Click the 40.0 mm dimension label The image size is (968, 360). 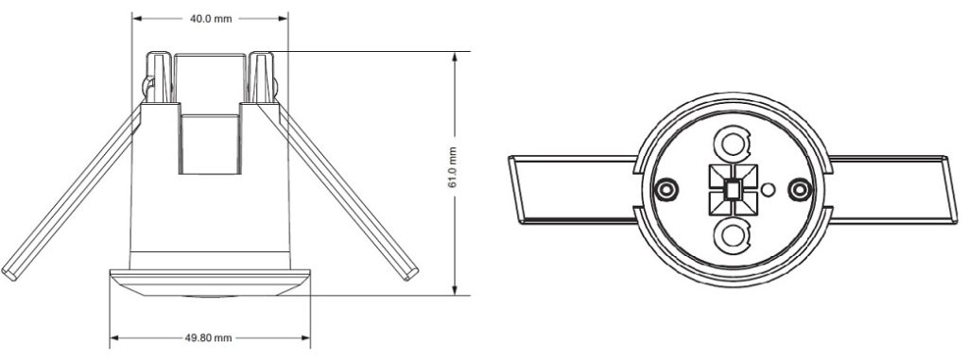pos(211,19)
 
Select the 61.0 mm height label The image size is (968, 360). pos(453,167)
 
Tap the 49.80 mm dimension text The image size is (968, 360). pos(209,337)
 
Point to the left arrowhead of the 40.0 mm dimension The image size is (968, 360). pos(136,19)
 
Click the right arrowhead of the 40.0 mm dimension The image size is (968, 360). pos(284,19)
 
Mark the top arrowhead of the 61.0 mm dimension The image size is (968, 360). pos(455,57)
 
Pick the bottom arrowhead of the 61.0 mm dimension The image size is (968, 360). pos(455,289)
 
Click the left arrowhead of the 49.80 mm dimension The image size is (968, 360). pos(114,337)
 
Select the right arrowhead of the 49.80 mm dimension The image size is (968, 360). pos(305,337)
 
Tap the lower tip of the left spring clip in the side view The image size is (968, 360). pos(9,274)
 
